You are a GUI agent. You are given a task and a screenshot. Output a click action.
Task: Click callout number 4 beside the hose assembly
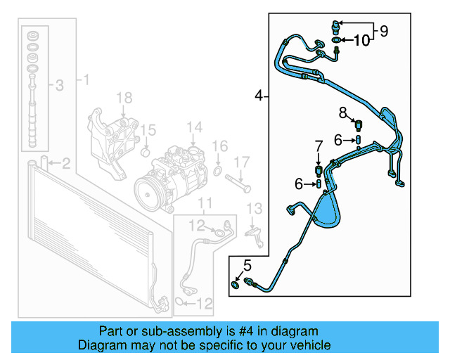point(259,95)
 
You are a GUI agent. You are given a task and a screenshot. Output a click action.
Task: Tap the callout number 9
point(383,31)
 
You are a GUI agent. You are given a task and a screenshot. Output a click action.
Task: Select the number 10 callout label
point(360,41)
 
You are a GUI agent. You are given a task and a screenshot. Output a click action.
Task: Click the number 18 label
point(124,97)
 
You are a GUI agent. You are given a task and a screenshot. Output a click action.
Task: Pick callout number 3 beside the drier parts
point(60,86)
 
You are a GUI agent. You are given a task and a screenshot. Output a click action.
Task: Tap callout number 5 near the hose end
point(246,265)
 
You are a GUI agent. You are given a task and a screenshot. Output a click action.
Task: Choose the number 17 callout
point(241,162)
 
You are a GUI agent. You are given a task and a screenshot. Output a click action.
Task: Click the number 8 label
point(342,112)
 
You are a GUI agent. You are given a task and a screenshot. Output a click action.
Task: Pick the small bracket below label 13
point(252,231)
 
